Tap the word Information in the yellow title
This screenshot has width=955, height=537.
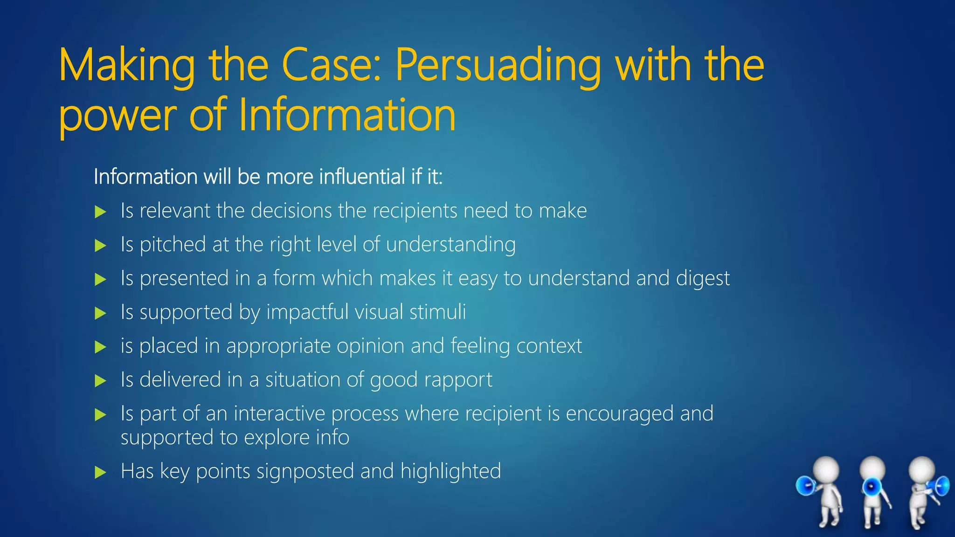pos(347,116)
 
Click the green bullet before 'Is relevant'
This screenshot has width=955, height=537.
pos(100,212)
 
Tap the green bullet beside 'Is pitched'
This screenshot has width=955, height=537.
pos(100,246)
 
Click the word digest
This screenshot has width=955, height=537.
pos(702,279)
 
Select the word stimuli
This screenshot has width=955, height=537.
pos(437,312)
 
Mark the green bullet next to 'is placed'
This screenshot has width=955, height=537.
pos(100,347)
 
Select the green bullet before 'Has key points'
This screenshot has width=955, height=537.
pos(100,473)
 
